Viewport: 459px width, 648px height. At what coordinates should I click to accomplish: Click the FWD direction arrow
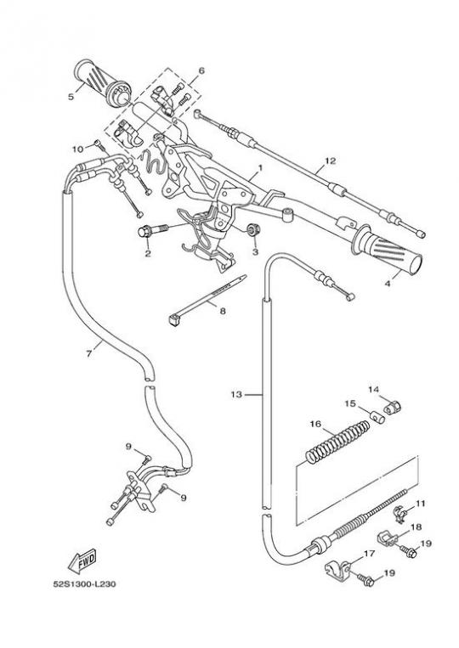click(x=82, y=561)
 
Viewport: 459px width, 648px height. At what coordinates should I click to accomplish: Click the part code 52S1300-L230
click(x=84, y=584)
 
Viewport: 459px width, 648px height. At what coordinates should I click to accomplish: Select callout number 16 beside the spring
click(x=315, y=425)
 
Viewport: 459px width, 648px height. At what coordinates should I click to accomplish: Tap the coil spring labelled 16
click(x=337, y=442)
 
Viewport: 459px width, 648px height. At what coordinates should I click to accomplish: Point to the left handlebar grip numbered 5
click(x=102, y=83)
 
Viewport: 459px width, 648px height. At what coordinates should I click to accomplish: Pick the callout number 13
click(x=236, y=395)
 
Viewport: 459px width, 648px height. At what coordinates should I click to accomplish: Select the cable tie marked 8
click(x=207, y=300)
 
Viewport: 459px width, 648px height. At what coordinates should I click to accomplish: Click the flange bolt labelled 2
click(x=153, y=230)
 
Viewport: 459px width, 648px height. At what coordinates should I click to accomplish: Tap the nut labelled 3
click(x=253, y=229)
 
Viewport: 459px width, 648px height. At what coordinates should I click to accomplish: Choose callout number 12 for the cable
click(x=331, y=161)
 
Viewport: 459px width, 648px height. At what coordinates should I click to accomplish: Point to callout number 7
click(x=89, y=354)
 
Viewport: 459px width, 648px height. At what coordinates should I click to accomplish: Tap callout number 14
click(x=374, y=389)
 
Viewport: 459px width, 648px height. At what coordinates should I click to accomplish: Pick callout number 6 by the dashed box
click(x=201, y=70)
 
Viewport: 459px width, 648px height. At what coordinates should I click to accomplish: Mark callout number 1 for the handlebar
click(x=260, y=167)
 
